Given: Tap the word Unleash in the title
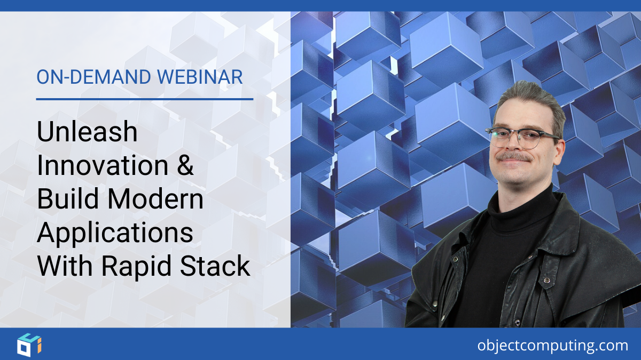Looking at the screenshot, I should pos(87,132).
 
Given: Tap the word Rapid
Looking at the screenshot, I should pos(134,267).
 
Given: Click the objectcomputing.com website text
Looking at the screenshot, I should pos(553,346).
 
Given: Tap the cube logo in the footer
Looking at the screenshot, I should pos(29,344).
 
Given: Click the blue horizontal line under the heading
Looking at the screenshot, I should pos(144,99).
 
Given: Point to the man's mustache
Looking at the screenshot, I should pos(513,157).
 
